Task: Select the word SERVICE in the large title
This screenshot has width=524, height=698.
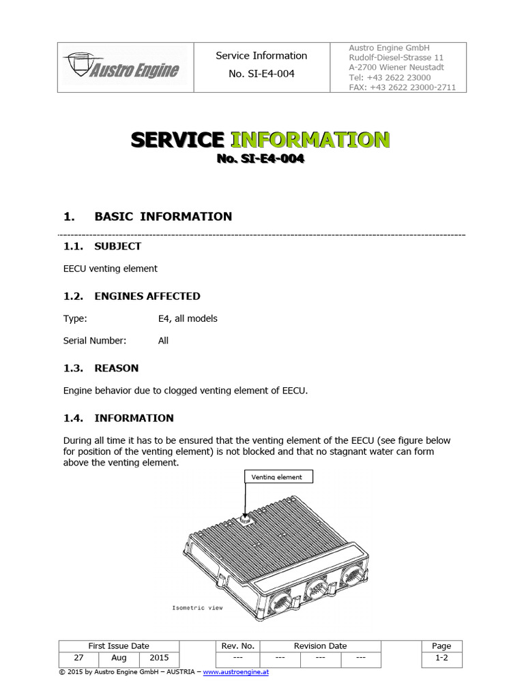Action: [177, 140]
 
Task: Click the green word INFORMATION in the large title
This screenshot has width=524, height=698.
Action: [310, 140]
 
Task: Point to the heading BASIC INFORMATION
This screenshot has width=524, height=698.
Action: [163, 217]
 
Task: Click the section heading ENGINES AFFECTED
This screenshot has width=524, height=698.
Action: [147, 296]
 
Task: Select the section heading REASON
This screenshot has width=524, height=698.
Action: [116, 368]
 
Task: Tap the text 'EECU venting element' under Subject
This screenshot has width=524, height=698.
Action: [110, 269]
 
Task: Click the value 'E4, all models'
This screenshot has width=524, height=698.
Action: [188, 318]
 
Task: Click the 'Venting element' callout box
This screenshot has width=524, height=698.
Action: [278, 476]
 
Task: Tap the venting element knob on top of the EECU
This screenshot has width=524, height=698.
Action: [245, 520]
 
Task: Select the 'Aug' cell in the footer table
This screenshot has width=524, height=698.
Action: [119, 658]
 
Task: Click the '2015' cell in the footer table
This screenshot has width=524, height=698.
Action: [158, 658]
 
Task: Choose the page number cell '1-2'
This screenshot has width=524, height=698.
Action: [441, 658]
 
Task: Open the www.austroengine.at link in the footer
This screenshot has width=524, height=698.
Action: [235, 672]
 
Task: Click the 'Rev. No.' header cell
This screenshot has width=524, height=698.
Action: [238, 646]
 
